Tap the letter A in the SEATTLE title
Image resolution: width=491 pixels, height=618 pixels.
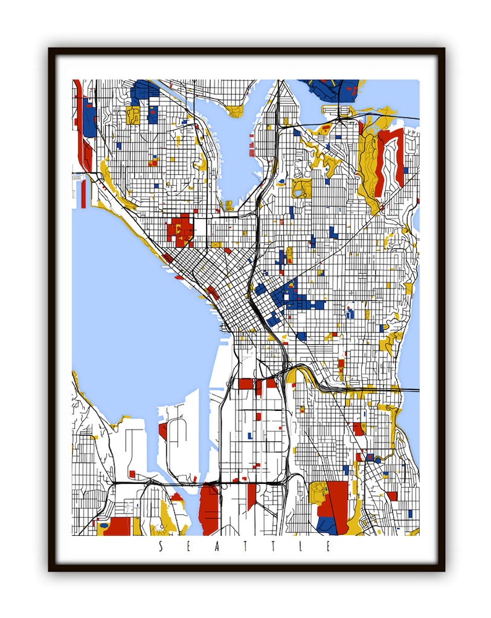(x=217, y=546)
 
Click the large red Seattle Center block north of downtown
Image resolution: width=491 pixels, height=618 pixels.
(x=179, y=229)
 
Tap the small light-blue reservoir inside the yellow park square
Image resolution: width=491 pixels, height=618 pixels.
(x=299, y=192)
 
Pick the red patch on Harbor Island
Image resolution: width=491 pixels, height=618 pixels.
(x=163, y=431)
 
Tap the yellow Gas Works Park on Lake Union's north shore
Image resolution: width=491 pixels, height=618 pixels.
(x=235, y=112)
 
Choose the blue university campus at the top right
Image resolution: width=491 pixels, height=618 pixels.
(x=334, y=90)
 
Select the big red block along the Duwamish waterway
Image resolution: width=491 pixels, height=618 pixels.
(x=209, y=510)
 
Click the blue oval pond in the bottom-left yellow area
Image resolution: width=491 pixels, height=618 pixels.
(x=104, y=525)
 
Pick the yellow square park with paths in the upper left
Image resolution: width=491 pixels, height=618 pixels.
(x=133, y=115)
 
